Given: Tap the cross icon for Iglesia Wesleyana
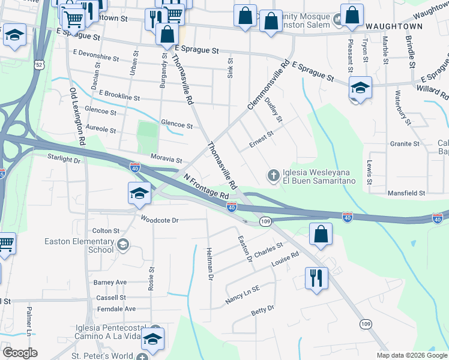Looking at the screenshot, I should tap(273, 175).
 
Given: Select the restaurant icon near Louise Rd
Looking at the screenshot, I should tap(315, 278).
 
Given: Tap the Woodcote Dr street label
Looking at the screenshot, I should tap(160, 220).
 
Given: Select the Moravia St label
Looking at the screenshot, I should tap(166, 160).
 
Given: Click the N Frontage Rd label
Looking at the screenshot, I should tap(207, 187).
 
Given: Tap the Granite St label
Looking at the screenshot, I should tap(405, 144).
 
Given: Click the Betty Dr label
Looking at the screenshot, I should tap(262, 310).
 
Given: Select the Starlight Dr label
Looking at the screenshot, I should tap(64, 160).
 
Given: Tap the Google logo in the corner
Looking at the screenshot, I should tap(19, 353).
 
